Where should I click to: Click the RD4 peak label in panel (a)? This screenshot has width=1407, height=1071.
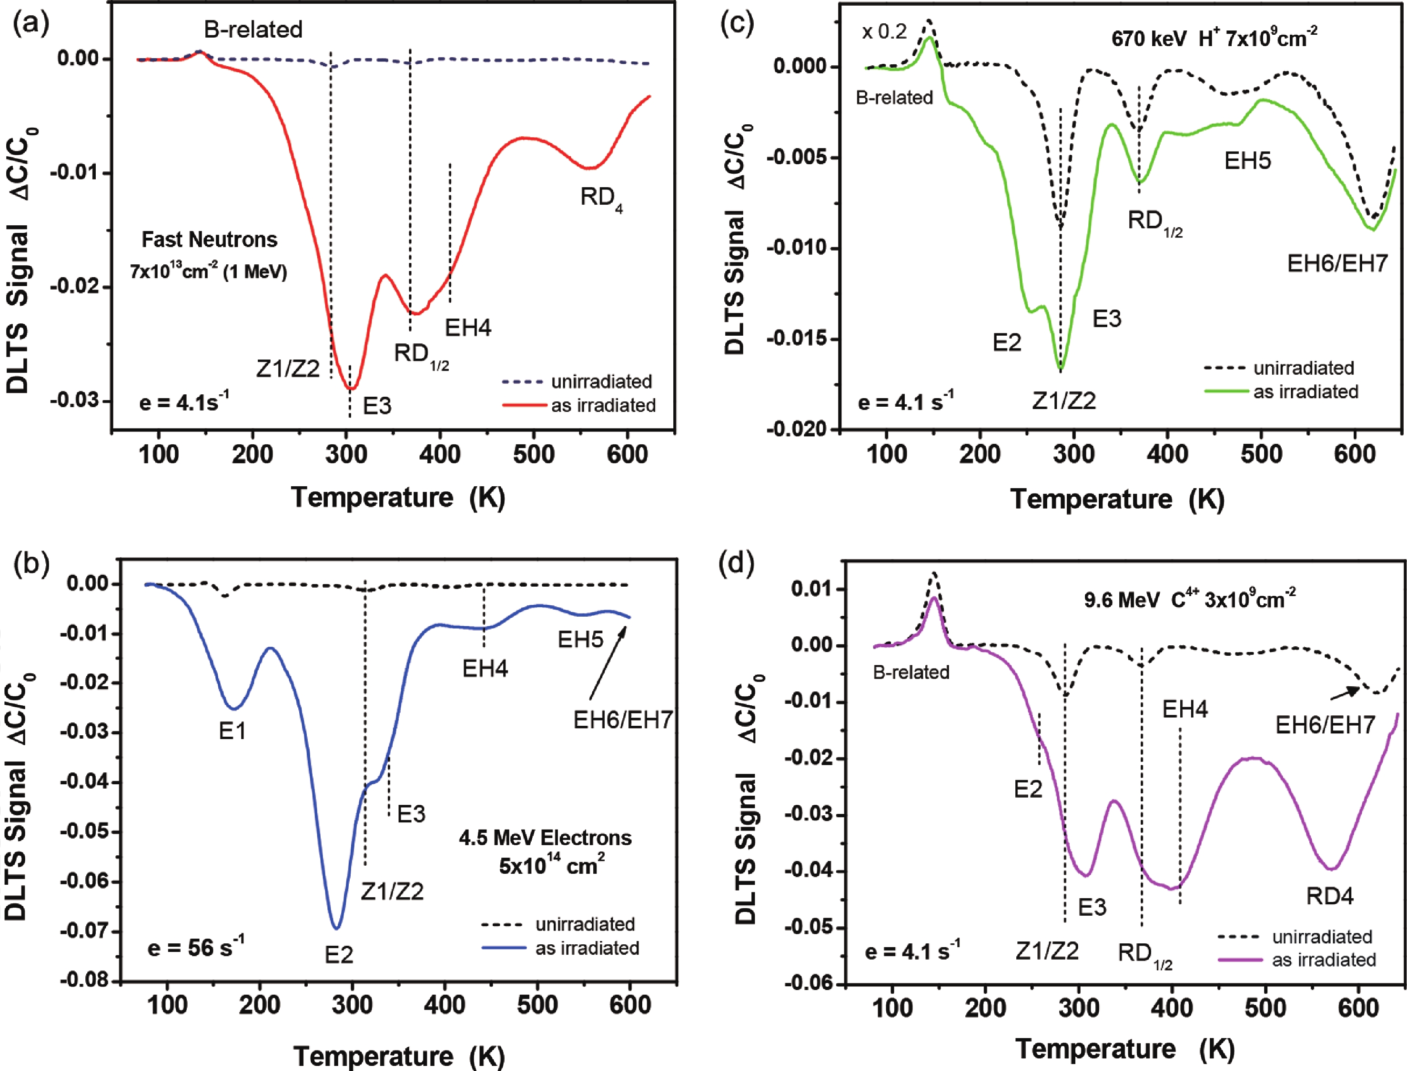(x=600, y=198)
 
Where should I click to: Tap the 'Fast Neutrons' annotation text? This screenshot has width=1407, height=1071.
(x=209, y=240)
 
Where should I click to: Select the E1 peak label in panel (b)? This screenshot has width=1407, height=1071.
(x=232, y=731)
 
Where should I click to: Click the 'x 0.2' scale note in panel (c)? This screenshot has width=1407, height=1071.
(x=884, y=31)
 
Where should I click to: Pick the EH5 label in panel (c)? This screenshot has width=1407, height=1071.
(x=1247, y=160)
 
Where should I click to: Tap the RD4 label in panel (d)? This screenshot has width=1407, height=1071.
(x=1330, y=896)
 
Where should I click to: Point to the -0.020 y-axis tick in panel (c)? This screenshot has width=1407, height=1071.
(x=797, y=429)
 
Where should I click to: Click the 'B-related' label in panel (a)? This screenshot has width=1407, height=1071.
(x=253, y=30)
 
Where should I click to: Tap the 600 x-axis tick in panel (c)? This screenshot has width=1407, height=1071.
(x=1354, y=454)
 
